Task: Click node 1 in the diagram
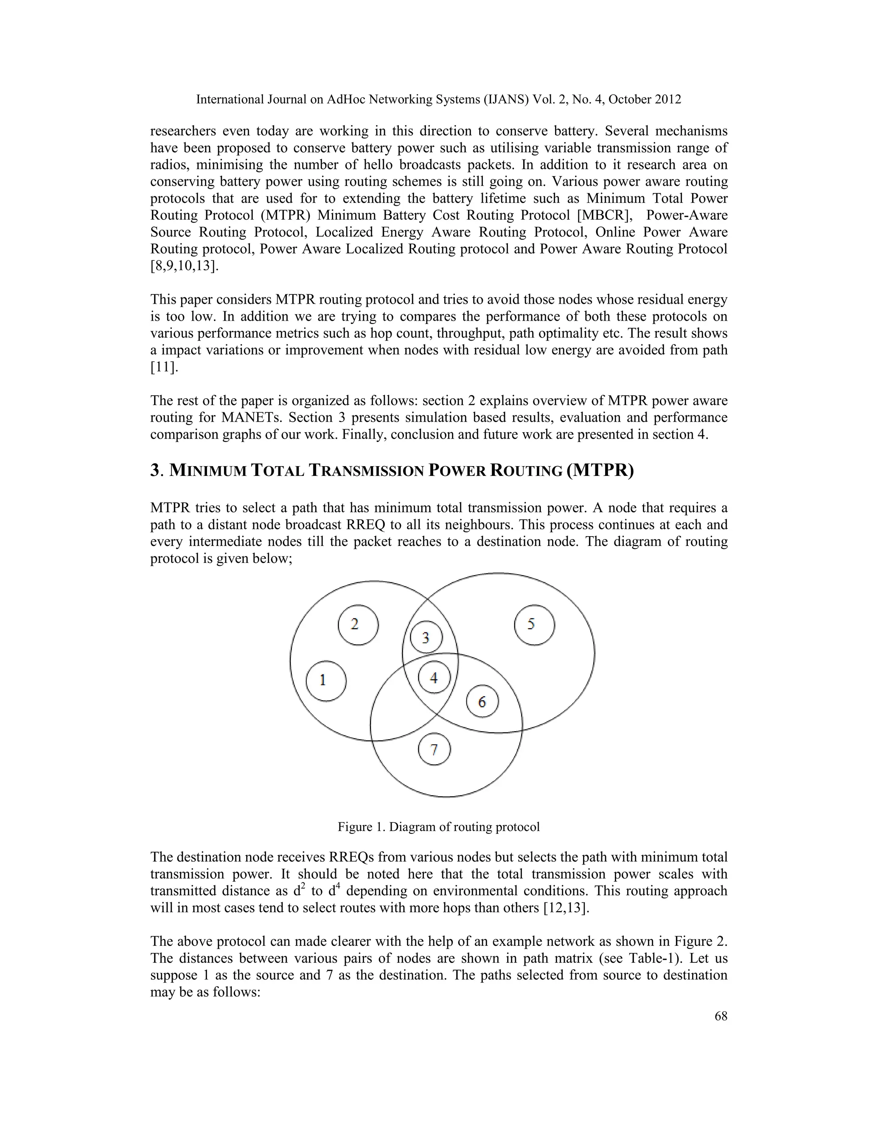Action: click(326, 681)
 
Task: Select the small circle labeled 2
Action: click(358, 625)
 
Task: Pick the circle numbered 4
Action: click(434, 678)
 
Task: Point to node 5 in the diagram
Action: click(534, 625)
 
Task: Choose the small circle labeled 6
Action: click(482, 702)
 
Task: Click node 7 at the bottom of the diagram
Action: click(434, 749)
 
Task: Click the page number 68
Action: click(721, 1016)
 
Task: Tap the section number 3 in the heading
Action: click(154, 470)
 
